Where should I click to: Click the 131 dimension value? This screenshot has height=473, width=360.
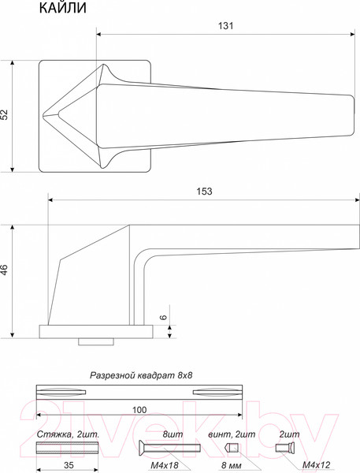226,26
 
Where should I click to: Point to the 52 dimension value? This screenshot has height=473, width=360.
6,115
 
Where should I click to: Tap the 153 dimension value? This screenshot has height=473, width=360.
205,192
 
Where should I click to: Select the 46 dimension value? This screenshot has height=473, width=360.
6,270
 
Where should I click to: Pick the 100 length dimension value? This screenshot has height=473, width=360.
139,410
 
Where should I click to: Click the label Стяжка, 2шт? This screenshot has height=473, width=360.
66,434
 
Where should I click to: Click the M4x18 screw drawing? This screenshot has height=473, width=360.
165,449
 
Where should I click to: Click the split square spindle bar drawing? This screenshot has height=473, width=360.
139,391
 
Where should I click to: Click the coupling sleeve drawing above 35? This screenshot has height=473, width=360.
67,449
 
